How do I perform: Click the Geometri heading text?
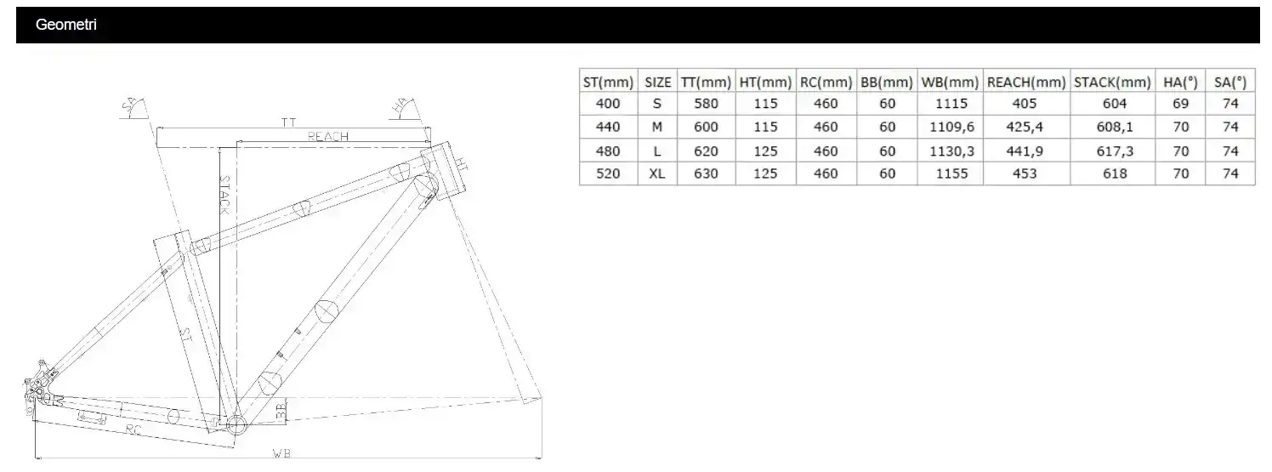point(65,25)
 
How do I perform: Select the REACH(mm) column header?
point(1026,82)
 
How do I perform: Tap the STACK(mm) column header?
point(1112,82)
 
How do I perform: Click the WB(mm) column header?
point(950,82)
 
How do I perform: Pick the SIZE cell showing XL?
point(657,173)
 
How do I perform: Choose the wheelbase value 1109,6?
point(951,127)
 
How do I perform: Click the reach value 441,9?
point(1025,151)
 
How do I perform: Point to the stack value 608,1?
point(1115,127)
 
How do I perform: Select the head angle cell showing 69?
point(1180,104)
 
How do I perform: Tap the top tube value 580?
point(706,104)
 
